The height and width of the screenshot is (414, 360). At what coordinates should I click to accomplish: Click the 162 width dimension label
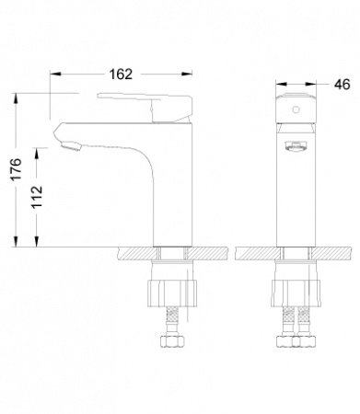[x=121, y=75]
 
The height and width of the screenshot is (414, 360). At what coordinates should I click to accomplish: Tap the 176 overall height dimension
[x=17, y=169]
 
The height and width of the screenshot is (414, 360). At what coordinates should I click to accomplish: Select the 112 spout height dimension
[x=38, y=197]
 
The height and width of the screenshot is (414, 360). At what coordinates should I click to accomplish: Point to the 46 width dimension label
[x=342, y=85]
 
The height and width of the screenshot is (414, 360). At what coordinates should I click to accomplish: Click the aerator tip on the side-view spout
[x=72, y=146]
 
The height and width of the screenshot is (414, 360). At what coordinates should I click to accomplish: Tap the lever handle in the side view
[x=145, y=107]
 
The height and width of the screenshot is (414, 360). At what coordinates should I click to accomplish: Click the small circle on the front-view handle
[x=296, y=109]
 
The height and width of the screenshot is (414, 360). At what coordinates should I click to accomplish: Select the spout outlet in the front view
[x=296, y=145]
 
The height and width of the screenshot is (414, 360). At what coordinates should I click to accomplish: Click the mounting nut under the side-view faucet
[x=172, y=293]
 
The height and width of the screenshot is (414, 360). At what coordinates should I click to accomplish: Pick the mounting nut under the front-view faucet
[x=296, y=293]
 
